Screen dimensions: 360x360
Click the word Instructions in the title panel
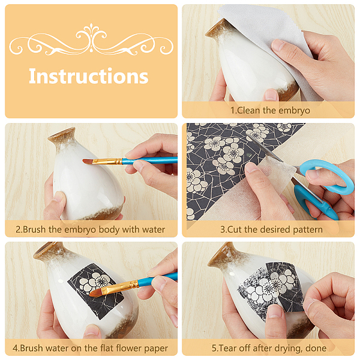(x=88, y=76)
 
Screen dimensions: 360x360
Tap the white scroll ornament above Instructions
(x=91, y=40)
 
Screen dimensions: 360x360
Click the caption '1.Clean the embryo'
(x=270, y=110)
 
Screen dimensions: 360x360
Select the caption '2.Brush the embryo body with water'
(x=90, y=229)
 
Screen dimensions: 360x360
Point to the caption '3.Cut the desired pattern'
(x=271, y=229)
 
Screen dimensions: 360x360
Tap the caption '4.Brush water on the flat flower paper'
(x=90, y=348)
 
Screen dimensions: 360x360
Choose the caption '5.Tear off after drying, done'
(x=269, y=348)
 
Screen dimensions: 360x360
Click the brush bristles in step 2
(x=88, y=161)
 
